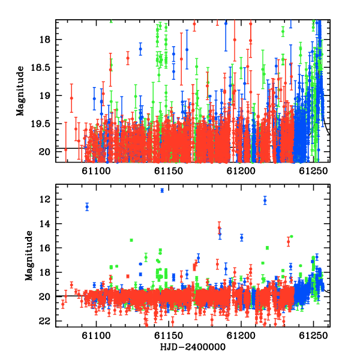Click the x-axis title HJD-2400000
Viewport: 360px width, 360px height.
(193, 347)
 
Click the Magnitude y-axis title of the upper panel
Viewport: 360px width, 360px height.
(20, 91)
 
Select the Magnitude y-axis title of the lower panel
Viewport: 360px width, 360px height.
(29, 256)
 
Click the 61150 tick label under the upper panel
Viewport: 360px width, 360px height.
(169, 171)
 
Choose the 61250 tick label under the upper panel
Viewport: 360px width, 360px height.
(313, 171)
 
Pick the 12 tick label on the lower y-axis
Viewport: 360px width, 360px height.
(44, 199)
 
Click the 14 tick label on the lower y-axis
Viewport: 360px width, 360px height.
(44, 224)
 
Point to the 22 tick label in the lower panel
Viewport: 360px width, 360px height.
(44, 321)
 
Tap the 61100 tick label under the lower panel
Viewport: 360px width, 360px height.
(96, 335)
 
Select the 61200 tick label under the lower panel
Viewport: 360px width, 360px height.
(241, 335)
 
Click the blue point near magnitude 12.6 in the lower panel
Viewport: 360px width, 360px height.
(87, 207)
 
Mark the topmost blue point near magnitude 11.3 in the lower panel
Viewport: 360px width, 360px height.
(162, 190)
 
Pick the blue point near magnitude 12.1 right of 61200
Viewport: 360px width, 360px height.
(265, 200)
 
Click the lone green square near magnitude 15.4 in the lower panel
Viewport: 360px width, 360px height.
(131, 240)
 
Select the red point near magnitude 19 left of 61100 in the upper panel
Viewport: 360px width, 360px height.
(71, 98)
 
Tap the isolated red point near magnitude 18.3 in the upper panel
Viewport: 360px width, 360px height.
(128, 58)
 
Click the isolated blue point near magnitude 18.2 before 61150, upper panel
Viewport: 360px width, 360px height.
(140, 49)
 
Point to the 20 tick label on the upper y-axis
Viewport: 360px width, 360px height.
(44, 152)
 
